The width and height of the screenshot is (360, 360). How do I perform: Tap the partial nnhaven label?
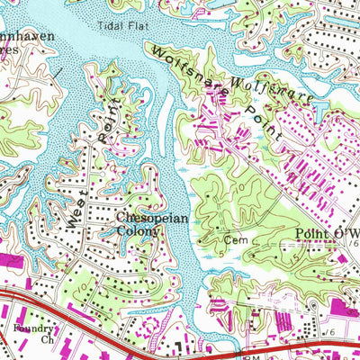click(x=27, y=38)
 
